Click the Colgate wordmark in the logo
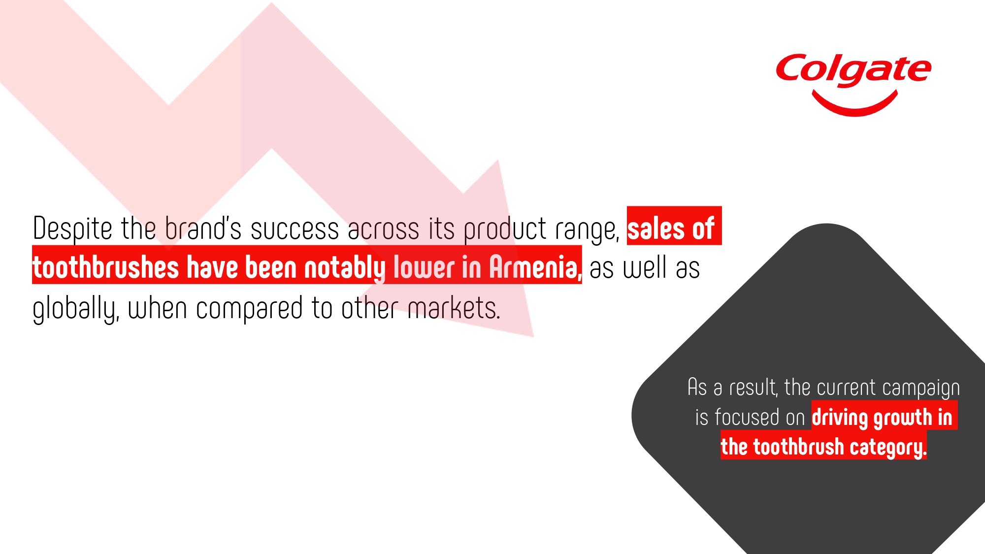click(x=854, y=69)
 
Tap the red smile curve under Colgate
click(x=854, y=106)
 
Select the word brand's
click(x=203, y=228)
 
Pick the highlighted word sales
click(x=656, y=229)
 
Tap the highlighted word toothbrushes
click(x=105, y=268)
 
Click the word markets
click(x=454, y=308)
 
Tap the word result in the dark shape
click(x=753, y=388)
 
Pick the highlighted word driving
click(x=840, y=418)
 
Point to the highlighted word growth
click(x=903, y=418)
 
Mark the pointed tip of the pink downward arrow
click(x=533, y=337)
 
